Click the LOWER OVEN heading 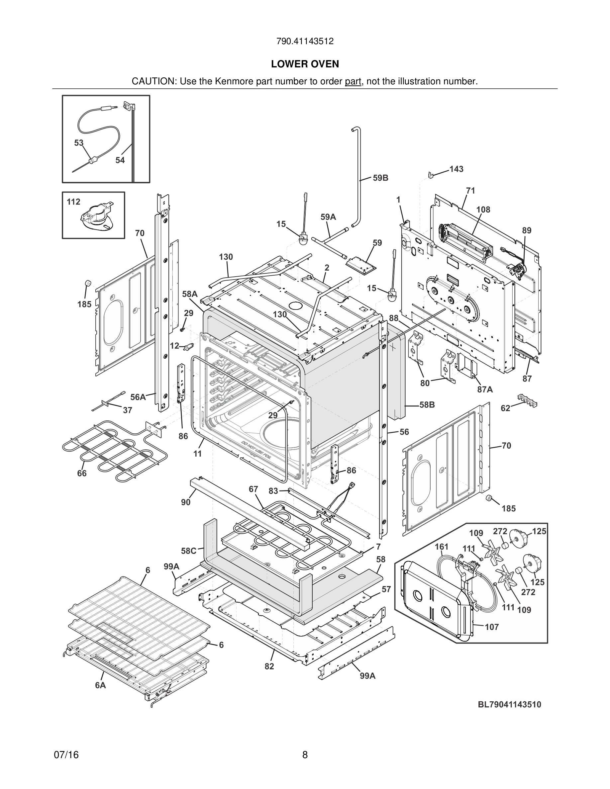pyautogui.click(x=305, y=64)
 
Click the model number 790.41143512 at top pyautogui.click(x=305, y=41)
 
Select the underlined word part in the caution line pyautogui.click(x=353, y=81)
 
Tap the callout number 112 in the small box pyautogui.click(x=73, y=202)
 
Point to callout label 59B pyautogui.click(x=380, y=178)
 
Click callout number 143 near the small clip pyautogui.click(x=457, y=169)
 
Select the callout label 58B pyautogui.click(x=427, y=404)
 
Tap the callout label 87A pyautogui.click(x=485, y=390)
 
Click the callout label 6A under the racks pyautogui.click(x=100, y=685)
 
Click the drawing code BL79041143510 pyautogui.click(x=510, y=704)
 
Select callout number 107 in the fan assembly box pyautogui.click(x=491, y=627)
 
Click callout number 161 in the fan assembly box pyautogui.click(x=441, y=547)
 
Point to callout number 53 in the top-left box pyautogui.click(x=79, y=143)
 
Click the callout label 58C pyautogui.click(x=189, y=551)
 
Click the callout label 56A pyautogui.click(x=138, y=397)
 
